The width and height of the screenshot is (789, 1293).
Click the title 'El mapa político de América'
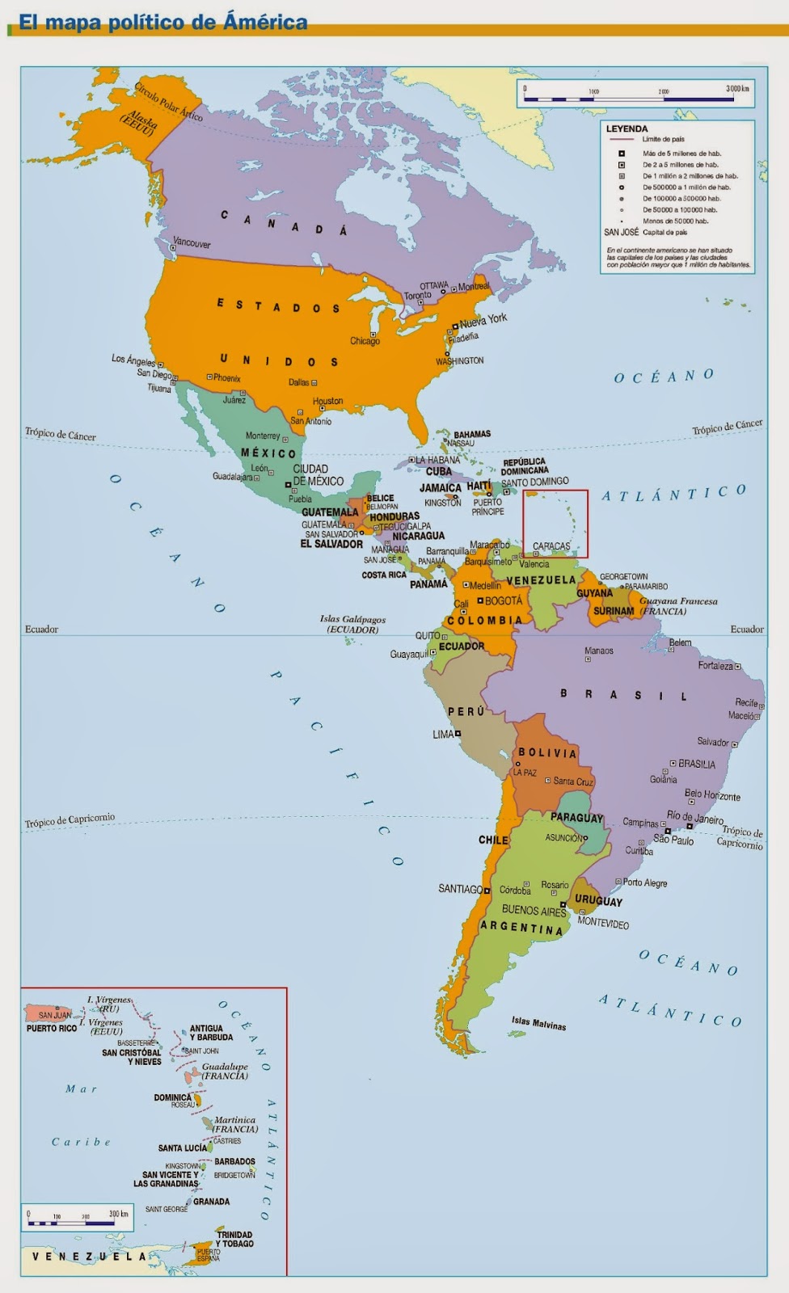click(162, 23)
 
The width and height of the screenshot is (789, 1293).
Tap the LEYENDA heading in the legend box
click(627, 128)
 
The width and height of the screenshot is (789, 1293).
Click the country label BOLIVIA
click(547, 753)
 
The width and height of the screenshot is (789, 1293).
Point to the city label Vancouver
click(192, 242)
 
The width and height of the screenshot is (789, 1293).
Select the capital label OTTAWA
click(434, 286)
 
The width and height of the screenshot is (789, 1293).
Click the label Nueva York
click(483, 320)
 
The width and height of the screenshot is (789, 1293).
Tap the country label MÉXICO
click(268, 453)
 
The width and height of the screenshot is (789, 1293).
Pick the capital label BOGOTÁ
click(504, 601)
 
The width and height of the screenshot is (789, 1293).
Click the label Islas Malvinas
click(538, 1023)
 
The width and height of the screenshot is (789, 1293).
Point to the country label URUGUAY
click(598, 901)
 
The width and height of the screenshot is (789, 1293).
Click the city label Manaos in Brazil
click(599, 651)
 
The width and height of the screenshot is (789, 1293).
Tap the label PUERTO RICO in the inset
click(52, 1029)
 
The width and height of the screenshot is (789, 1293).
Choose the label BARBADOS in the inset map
click(234, 1162)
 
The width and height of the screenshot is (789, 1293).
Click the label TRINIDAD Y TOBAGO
click(234, 1239)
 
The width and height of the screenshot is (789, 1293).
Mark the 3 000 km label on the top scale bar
click(737, 88)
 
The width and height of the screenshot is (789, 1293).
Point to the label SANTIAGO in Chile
click(460, 889)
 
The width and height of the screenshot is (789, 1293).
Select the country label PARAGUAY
click(576, 818)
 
